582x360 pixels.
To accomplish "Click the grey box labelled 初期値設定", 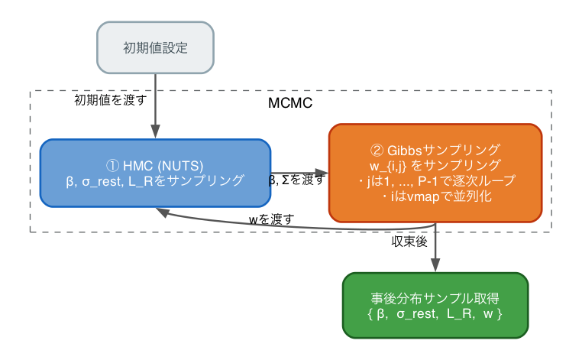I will coord(155,47).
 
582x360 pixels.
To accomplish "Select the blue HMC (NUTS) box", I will coord(155,173).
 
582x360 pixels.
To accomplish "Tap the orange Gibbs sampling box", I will coord(435,173).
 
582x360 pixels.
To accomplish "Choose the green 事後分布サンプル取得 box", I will coord(435,305).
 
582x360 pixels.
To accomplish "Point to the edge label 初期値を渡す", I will coord(110,100).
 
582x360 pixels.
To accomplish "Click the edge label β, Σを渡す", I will coord(296,180).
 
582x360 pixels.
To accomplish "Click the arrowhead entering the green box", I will coord(435,267).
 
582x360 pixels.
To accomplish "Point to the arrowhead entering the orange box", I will coord(323,173).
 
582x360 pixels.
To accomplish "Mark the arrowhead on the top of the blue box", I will coord(155,134).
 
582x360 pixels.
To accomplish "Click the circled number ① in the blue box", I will coord(111,165).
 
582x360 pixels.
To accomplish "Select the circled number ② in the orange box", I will coord(376,149).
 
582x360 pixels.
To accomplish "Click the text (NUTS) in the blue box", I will coord(182,165).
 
